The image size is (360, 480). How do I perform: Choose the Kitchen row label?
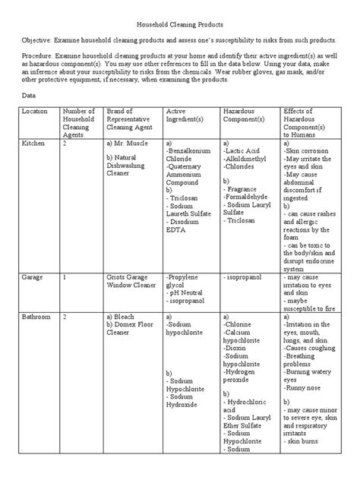33,144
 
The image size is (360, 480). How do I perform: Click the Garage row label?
33,277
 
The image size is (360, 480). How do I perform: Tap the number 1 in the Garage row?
65,277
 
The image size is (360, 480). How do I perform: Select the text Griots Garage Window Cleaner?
131,282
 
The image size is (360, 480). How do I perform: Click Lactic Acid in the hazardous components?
244,152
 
